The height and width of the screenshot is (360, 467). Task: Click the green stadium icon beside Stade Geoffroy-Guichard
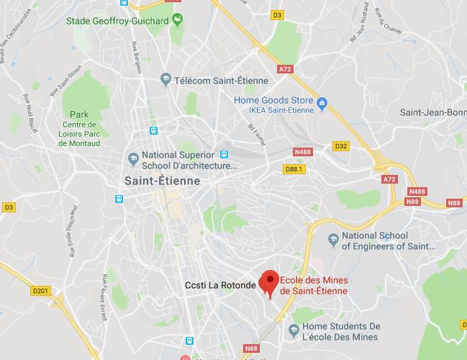coord(177,19)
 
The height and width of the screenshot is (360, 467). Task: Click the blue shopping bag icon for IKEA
coord(323,101)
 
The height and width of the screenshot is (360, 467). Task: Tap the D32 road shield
coord(341,146)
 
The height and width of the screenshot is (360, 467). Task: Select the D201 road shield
coord(42,291)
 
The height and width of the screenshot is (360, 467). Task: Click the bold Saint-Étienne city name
coord(163,181)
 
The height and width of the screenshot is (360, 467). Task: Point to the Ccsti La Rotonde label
coord(219,285)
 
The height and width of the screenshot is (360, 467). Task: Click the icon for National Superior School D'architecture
coord(132,158)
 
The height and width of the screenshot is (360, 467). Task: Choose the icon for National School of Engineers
coord(332,238)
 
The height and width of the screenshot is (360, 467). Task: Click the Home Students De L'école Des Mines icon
coord(294,330)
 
